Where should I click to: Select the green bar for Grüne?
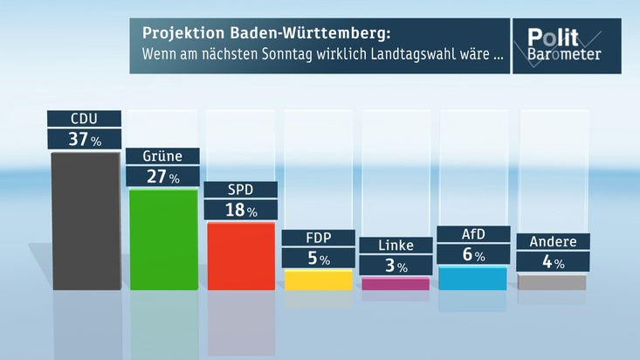tap(162, 239)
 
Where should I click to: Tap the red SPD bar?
tap(240, 256)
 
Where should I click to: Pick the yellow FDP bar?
tap(319, 280)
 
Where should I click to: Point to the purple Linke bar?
tap(396, 283)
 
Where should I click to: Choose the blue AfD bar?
tap(472, 279)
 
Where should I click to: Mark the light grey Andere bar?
tap(552, 281)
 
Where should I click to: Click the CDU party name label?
tap(84, 118)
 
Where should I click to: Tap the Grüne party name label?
tap(162, 156)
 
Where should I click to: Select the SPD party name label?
tap(240, 190)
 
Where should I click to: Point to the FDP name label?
tap(318, 238)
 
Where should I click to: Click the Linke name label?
tap(396, 245)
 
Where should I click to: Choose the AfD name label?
tap(472, 233)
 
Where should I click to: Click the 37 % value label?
tap(84, 138)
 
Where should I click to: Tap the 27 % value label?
tap(162, 177)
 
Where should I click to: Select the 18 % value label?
tap(240, 211)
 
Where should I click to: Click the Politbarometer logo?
tap(567, 45)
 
